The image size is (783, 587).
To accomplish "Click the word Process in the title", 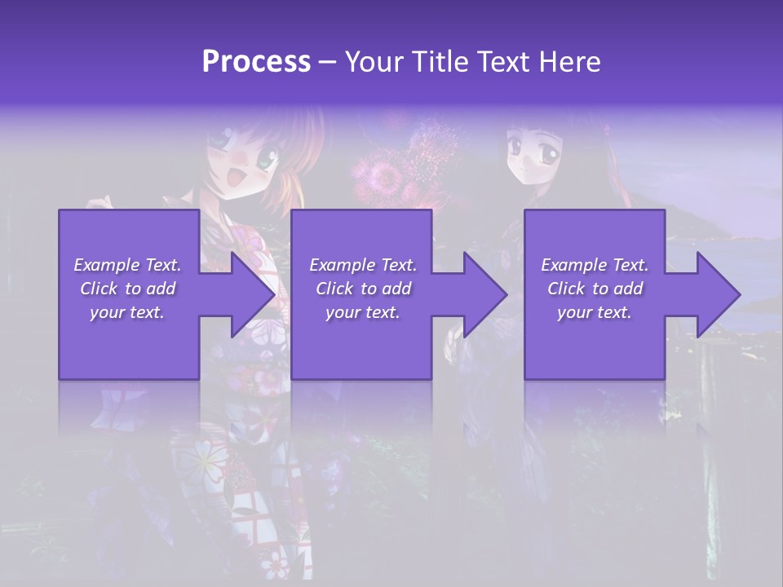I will [x=256, y=62].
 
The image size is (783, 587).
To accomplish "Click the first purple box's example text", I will [x=128, y=289].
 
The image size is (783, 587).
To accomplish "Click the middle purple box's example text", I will [x=362, y=289].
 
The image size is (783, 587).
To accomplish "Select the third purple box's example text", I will [x=595, y=289].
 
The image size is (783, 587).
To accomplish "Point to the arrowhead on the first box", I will [x=253, y=294].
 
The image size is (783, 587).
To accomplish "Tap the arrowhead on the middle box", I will [x=485, y=294].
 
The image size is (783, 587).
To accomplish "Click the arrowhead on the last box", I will [x=719, y=294].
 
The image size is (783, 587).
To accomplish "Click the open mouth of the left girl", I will [x=242, y=174].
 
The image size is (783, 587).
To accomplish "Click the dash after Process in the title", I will [x=328, y=62].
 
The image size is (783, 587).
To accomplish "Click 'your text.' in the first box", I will [x=128, y=312].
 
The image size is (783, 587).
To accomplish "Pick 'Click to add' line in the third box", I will [x=595, y=289].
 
